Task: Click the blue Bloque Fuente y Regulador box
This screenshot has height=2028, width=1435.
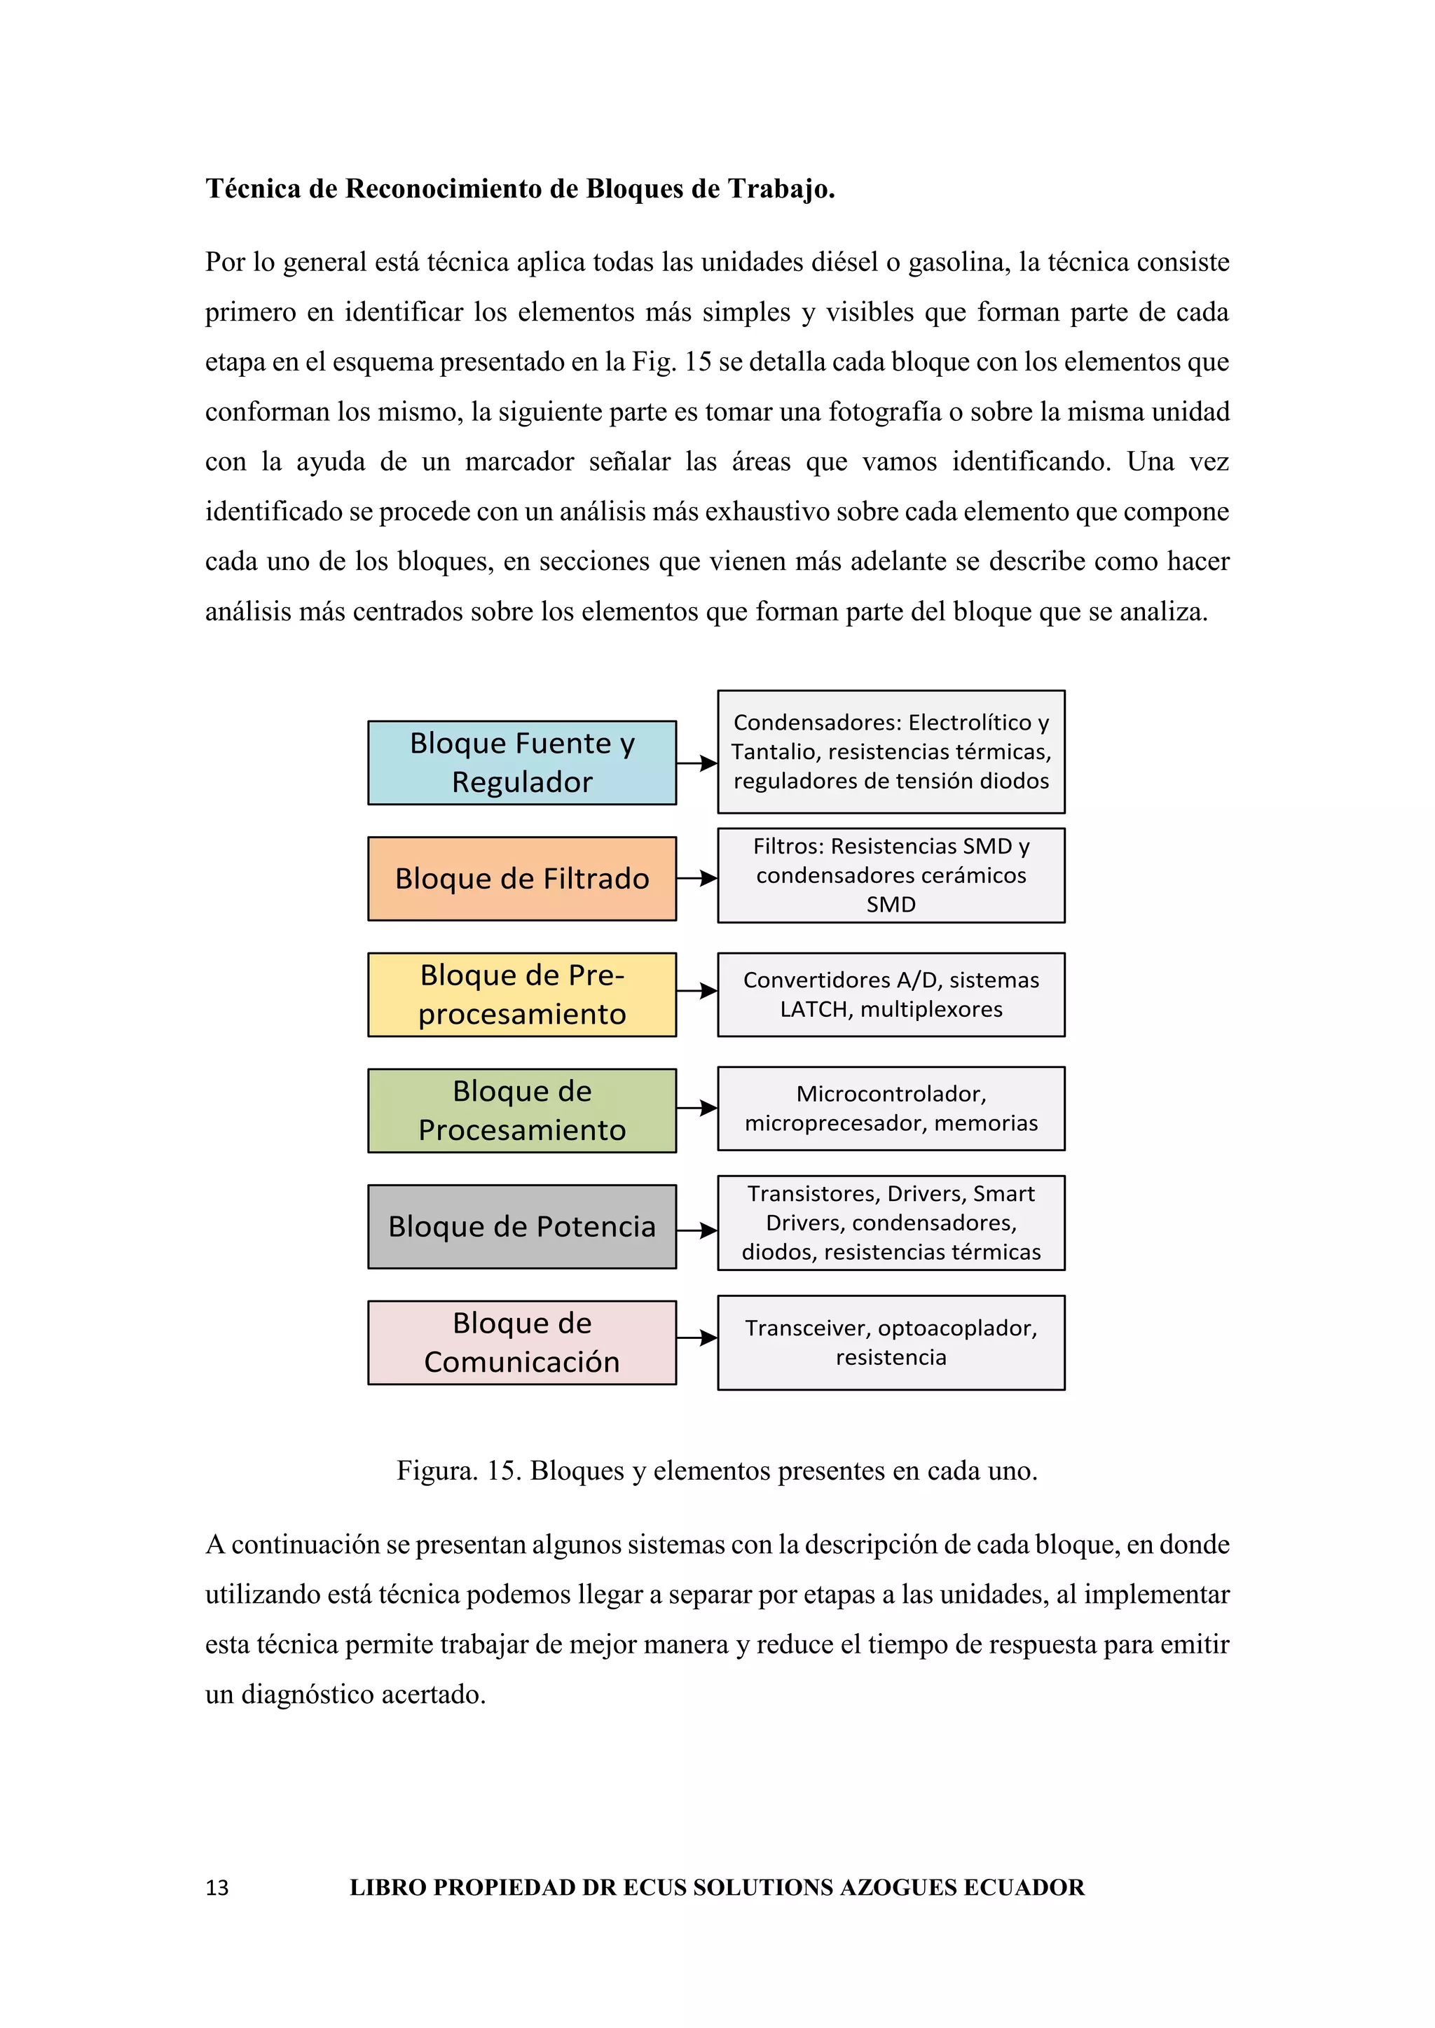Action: pyautogui.click(x=521, y=763)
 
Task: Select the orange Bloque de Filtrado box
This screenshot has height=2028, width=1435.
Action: pyautogui.click(x=521, y=878)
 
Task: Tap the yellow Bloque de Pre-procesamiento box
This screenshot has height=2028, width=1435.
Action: pyautogui.click(x=521, y=994)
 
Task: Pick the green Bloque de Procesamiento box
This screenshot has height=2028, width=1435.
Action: pyautogui.click(x=521, y=1109)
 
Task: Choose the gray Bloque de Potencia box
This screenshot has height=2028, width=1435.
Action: pyautogui.click(x=521, y=1226)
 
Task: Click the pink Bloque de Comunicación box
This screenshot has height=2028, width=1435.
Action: pyautogui.click(x=521, y=1342)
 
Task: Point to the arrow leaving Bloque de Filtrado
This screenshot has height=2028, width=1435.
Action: pyautogui.click(x=696, y=878)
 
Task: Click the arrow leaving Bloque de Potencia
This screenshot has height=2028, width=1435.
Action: pyautogui.click(x=696, y=1230)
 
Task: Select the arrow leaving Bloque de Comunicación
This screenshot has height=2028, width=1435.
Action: pyautogui.click(x=696, y=1338)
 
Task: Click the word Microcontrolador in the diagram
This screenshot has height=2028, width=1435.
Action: pyautogui.click(x=890, y=1094)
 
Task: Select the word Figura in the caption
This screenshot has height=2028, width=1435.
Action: pyautogui.click(x=437, y=1470)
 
